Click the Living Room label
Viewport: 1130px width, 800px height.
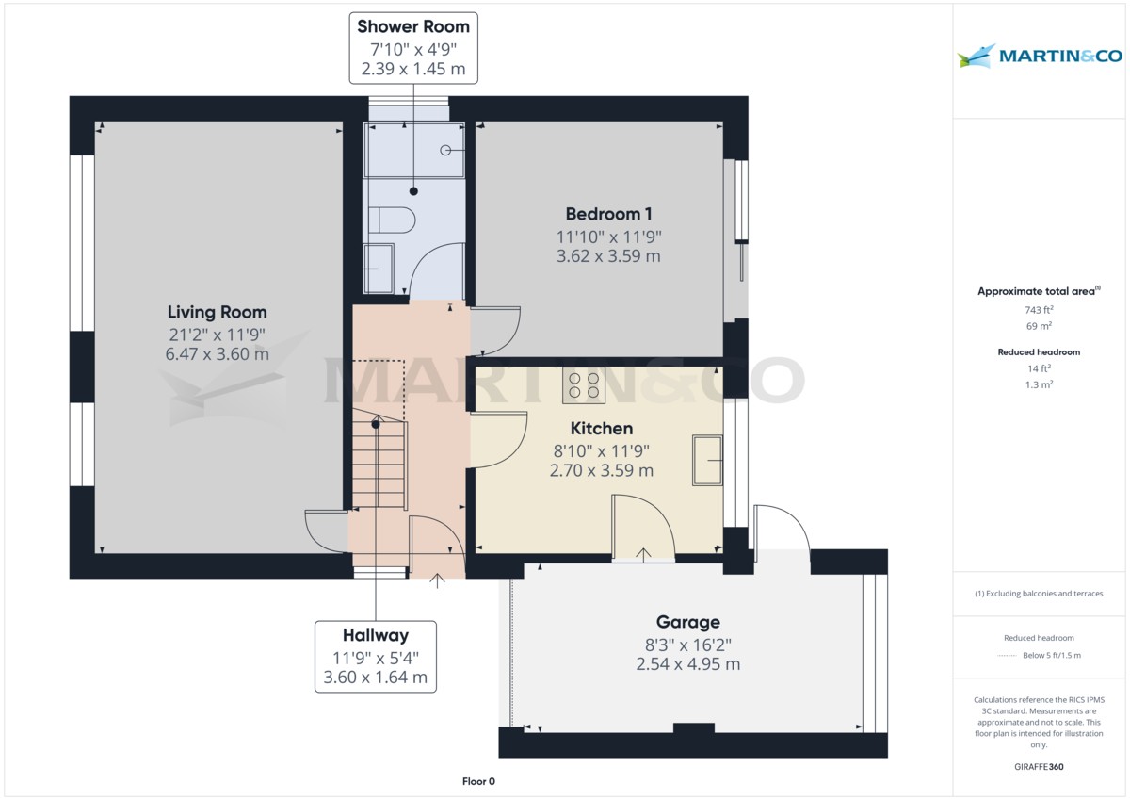[217, 312]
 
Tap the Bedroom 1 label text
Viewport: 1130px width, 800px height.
[608, 214]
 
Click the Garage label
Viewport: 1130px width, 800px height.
[687, 622]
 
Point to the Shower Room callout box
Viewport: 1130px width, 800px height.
[412, 47]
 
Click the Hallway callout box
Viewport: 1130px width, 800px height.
[376, 657]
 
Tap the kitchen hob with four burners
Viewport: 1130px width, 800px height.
[582, 385]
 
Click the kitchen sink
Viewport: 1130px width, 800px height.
[707, 460]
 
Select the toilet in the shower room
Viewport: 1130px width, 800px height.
[391, 220]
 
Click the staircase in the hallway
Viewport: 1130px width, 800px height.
[379, 462]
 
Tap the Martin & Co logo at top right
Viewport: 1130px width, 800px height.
[1040, 57]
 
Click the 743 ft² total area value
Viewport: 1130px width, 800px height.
[1039, 310]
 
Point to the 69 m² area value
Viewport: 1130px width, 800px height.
[1039, 326]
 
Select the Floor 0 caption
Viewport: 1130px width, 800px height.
[478, 781]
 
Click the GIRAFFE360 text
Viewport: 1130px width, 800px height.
[1039, 767]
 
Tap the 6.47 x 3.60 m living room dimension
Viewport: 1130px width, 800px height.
[217, 354]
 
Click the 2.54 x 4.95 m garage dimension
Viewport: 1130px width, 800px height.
[687, 663]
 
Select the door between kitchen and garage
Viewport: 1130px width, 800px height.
[642, 532]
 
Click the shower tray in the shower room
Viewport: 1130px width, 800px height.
[413, 151]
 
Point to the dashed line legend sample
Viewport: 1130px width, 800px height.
[1008, 656]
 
